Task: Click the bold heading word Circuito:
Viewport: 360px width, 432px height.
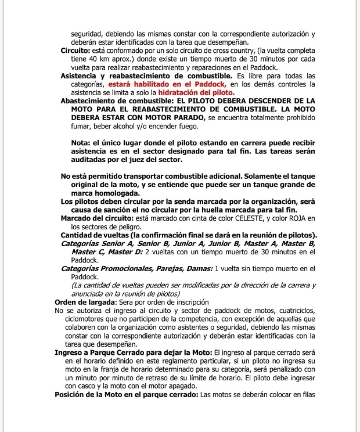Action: tap(75, 51)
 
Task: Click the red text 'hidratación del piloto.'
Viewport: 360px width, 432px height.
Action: tap(196, 92)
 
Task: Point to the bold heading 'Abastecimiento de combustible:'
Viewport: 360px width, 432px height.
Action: tap(109, 100)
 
